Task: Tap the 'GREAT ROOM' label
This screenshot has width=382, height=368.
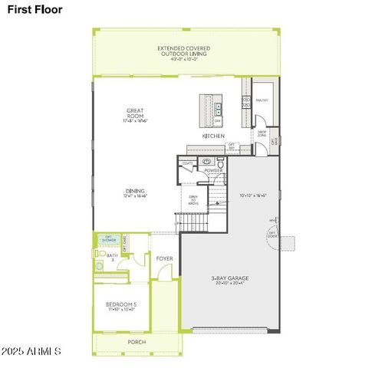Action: click(135, 114)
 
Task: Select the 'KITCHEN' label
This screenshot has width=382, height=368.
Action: click(212, 136)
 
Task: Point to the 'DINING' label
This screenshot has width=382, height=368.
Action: click(135, 193)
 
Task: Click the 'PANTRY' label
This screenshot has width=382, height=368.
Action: click(262, 100)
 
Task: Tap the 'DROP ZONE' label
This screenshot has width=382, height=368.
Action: click(262, 135)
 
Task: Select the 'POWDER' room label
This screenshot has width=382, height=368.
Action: click(212, 170)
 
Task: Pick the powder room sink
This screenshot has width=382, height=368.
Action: click(206, 162)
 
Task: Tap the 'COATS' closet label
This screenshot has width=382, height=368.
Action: click(187, 163)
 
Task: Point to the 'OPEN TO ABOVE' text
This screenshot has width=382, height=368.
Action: click(193, 199)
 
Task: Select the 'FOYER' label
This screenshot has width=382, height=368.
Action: click(164, 258)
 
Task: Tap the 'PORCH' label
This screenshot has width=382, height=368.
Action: click(137, 342)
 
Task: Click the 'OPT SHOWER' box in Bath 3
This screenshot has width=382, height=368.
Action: click(108, 240)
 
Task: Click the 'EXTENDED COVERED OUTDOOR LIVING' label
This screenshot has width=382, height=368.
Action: click(184, 51)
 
